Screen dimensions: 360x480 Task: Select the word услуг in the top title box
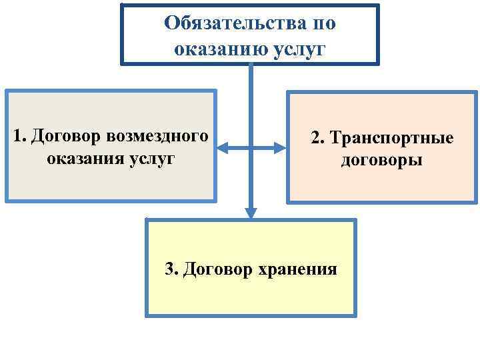tap(300, 49)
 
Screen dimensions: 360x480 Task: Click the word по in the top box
tap(323, 24)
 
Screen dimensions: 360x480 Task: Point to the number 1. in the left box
tap(19, 136)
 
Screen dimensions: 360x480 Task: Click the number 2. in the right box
tap(318, 138)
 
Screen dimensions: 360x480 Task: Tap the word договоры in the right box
tap(381, 161)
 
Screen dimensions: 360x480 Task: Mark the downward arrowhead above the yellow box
tap(251, 213)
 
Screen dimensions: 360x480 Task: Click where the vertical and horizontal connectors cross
tap(251, 148)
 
